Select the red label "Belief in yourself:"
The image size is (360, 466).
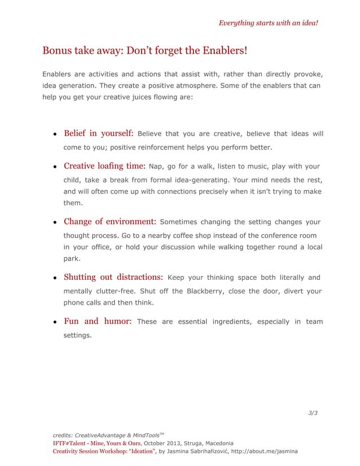(x=98, y=134)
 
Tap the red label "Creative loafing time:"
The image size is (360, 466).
(x=104, y=166)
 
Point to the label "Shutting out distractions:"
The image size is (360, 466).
(x=113, y=277)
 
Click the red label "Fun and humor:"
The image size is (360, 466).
(x=98, y=322)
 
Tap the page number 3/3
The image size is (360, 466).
(x=313, y=413)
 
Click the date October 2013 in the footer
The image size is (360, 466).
(x=163, y=443)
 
